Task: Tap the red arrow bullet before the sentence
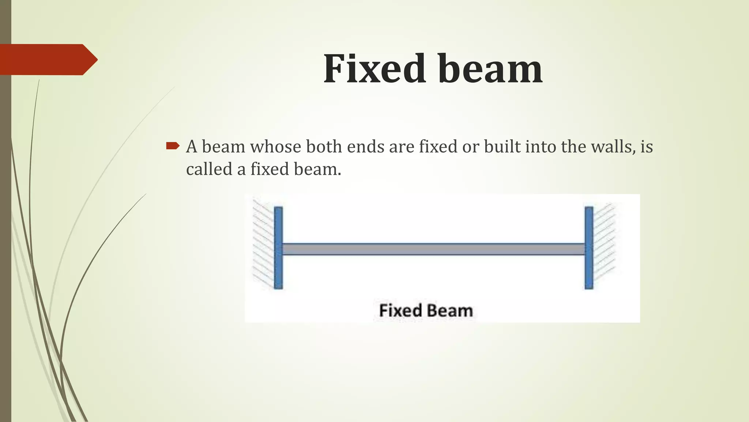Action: click(172, 147)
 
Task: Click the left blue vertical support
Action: click(278, 248)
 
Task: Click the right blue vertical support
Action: click(589, 248)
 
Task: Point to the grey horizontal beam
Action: click(433, 249)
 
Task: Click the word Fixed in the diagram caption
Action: click(400, 311)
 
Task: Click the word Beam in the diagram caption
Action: click(449, 311)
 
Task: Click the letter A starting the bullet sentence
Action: click(192, 147)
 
